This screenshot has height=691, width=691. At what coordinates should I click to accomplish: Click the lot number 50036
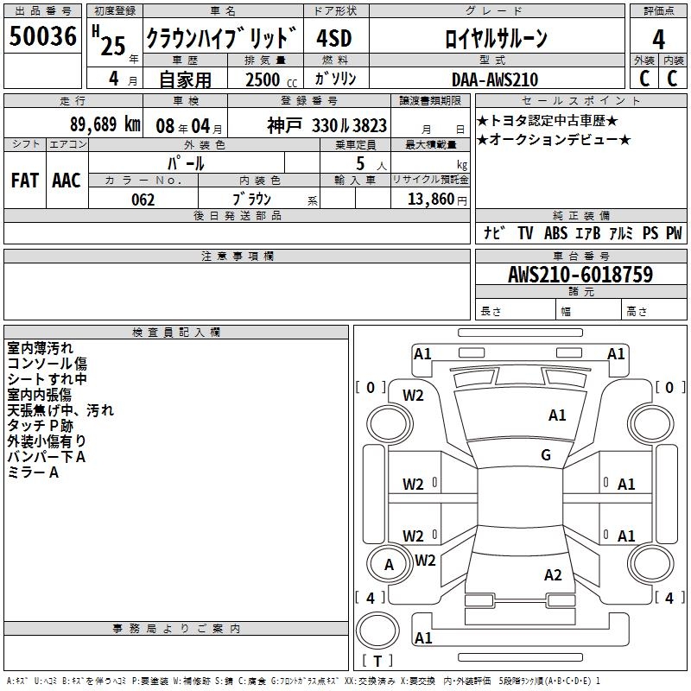[x=42, y=37]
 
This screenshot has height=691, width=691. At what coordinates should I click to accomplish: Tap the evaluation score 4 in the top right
[x=658, y=39]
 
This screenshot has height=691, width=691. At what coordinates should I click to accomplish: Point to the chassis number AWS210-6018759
[x=580, y=275]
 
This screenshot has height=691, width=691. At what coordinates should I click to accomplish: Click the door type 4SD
[x=334, y=39]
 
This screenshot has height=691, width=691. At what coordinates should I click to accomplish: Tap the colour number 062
[x=143, y=199]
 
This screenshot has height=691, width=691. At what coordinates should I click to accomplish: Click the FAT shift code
[x=25, y=180]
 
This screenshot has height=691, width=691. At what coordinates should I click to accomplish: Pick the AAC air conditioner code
[x=67, y=180]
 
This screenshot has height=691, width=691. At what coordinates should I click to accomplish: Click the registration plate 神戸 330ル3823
[x=326, y=125]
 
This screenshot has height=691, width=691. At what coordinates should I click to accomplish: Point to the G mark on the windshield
[x=546, y=455]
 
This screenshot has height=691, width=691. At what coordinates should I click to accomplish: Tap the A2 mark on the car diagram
[x=554, y=575]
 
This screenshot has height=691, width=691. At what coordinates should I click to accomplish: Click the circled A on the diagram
[x=390, y=565]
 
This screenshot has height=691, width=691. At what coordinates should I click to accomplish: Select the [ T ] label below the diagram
[x=377, y=662]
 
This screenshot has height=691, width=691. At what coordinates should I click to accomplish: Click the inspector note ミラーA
[x=33, y=472]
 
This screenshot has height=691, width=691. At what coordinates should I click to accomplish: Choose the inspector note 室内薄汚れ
[x=40, y=348]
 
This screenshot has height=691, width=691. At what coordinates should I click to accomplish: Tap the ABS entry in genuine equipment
[x=555, y=233]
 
